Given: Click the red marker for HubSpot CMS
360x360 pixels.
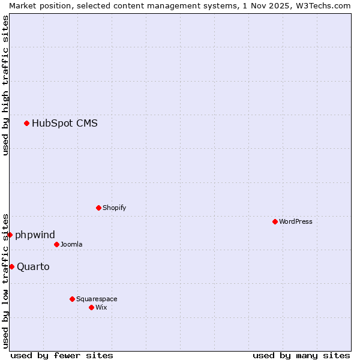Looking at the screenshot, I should click(x=26, y=124).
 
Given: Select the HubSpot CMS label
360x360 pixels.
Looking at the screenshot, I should click(x=64, y=124).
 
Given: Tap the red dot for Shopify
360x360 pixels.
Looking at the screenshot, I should click(x=98, y=208).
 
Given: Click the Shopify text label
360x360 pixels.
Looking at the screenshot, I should click(x=114, y=208).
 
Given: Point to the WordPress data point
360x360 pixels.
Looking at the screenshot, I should click(x=275, y=221).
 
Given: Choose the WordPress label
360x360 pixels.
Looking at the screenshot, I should click(x=295, y=221).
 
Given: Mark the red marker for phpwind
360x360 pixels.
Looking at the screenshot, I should click(x=10, y=235).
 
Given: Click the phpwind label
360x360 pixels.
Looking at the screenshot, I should click(x=35, y=235).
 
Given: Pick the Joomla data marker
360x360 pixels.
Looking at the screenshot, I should click(x=56, y=244).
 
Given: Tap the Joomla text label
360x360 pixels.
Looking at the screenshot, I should click(x=71, y=244).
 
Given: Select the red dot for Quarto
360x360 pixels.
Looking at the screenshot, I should click(x=11, y=266).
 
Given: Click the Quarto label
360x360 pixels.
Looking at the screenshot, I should click(x=33, y=266).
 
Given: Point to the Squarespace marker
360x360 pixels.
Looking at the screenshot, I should click(x=72, y=299).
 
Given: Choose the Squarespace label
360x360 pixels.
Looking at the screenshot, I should click(x=97, y=299).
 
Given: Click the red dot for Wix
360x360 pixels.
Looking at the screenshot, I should click(x=91, y=307).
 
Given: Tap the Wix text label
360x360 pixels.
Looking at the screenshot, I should click(x=101, y=307).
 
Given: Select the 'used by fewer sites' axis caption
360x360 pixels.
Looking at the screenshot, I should click(x=62, y=355).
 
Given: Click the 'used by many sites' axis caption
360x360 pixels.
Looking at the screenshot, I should click(x=301, y=355).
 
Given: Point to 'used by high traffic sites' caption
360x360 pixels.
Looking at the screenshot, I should click(x=5, y=85).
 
